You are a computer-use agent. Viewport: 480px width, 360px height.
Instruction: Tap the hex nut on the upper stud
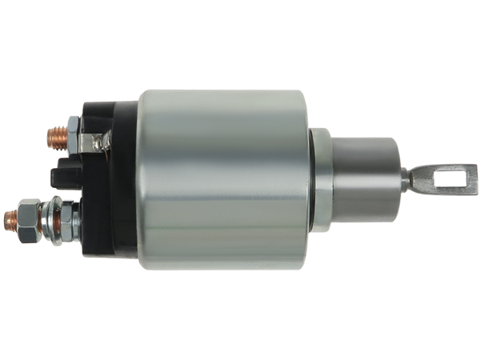74,133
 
